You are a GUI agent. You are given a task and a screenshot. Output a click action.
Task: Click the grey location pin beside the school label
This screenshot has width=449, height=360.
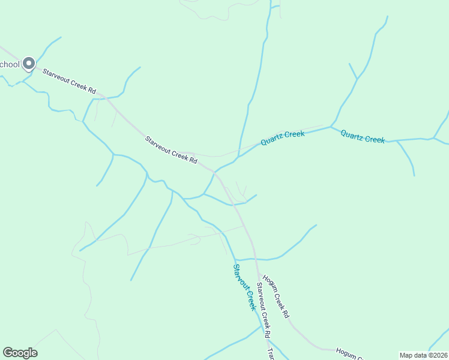pyautogui.click(x=28, y=64)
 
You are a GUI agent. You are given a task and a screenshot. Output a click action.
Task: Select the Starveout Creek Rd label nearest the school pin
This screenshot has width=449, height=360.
pyautogui.click(x=69, y=80)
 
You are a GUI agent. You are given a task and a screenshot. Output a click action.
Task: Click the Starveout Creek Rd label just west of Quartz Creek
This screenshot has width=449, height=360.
pyautogui.click(x=171, y=149)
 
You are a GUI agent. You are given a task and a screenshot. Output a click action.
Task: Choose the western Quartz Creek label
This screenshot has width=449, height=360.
pyautogui.click(x=282, y=138)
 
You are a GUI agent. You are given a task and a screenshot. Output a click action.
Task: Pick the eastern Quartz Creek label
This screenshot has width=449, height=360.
pyautogui.click(x=363, y=136)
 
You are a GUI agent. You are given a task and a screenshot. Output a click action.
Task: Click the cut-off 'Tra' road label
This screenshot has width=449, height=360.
pyautogui.click(x=270, y=354)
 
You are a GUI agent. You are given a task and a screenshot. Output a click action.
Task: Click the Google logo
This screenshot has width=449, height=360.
pyautogui.click(x=20, y=353)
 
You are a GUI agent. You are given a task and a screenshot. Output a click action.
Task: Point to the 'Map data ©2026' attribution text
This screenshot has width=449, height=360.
pyautogui.click(x=423, y=355)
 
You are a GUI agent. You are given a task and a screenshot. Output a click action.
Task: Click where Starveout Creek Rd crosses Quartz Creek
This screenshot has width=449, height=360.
pyautogui.click(x=214, y=172)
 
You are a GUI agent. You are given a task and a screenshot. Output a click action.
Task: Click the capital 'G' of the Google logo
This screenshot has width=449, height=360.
pyautogui.click(x=8, y=353)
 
